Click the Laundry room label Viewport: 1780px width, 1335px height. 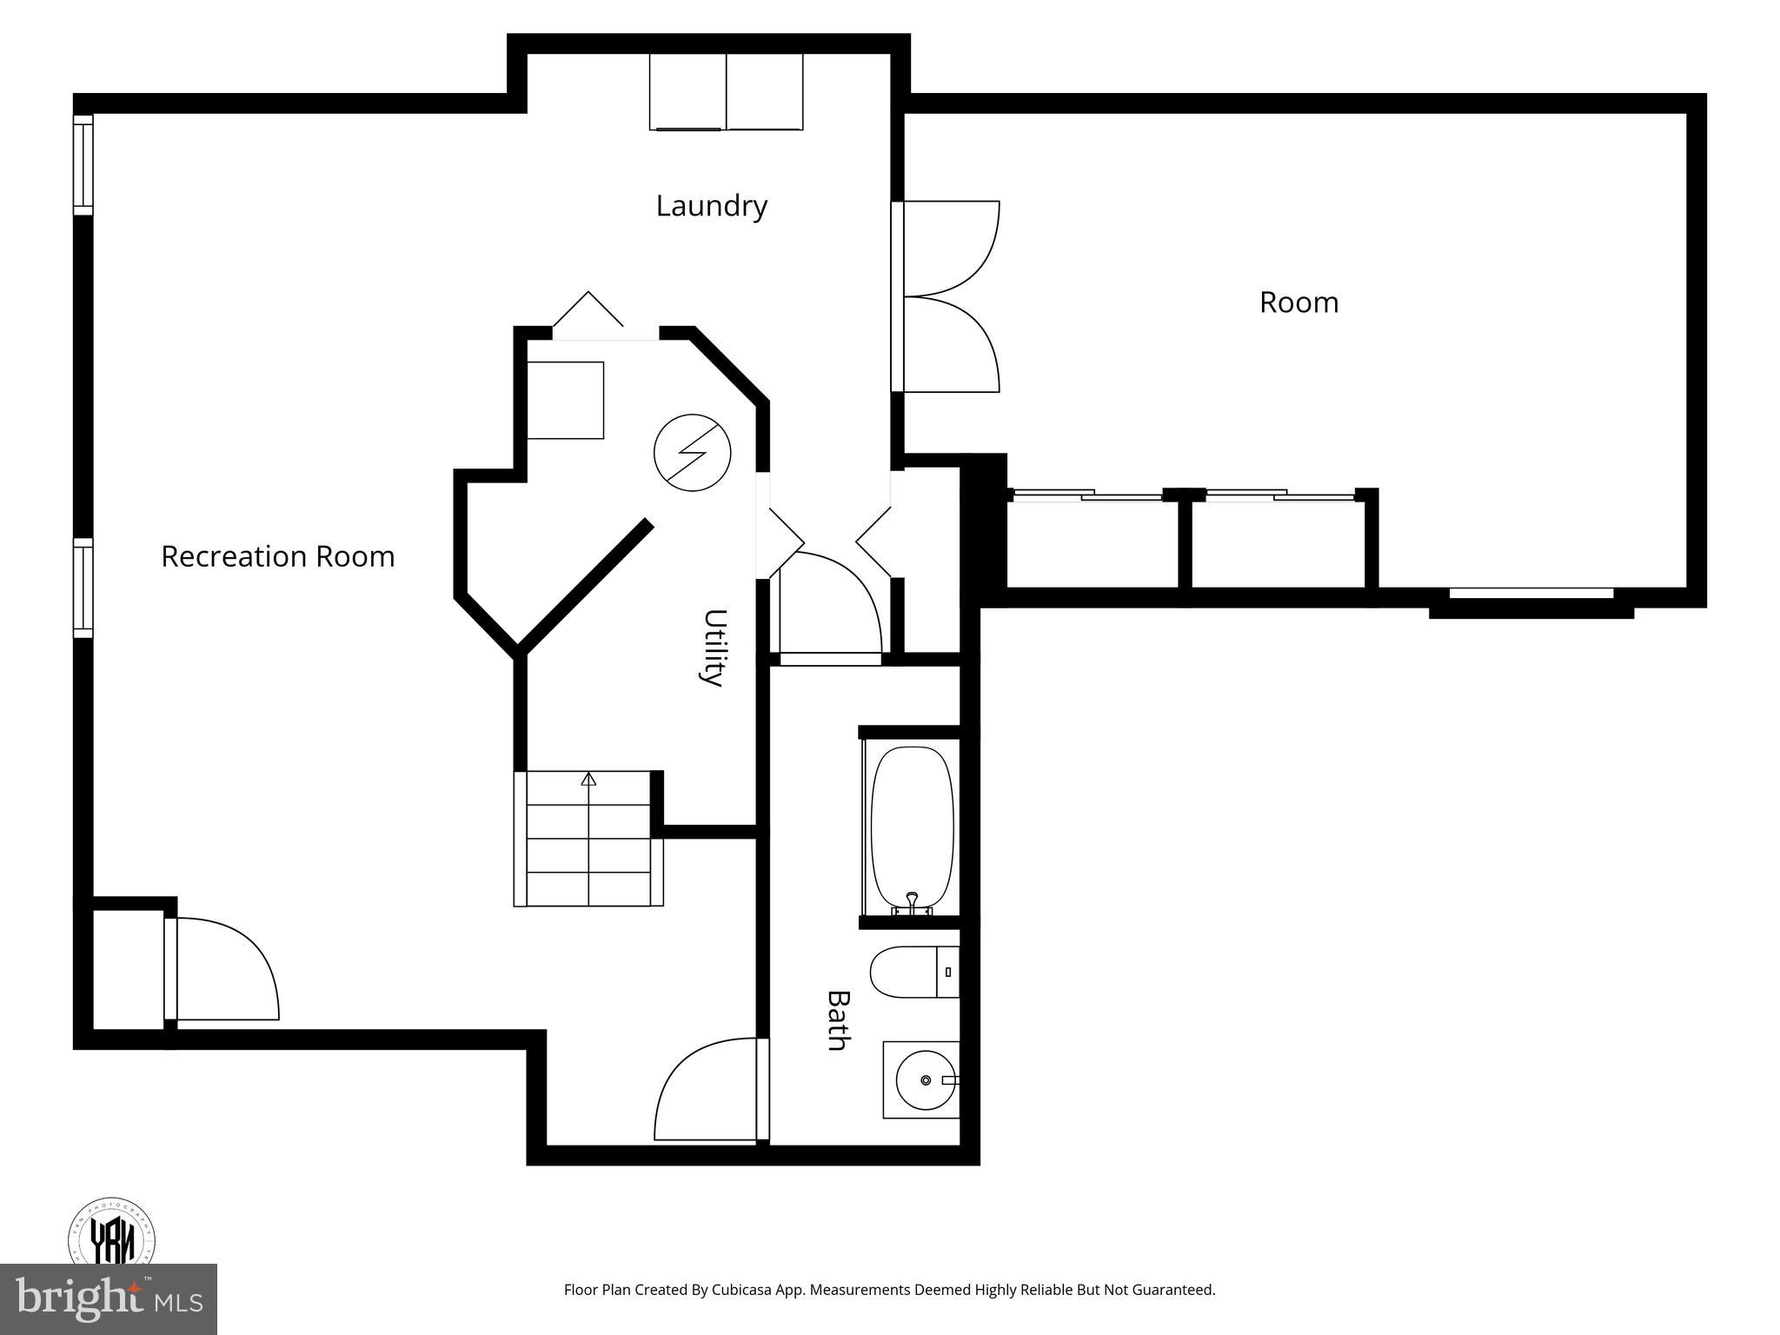point(711,206)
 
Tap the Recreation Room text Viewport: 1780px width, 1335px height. point(277,556)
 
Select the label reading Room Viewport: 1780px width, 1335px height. point(1298,302)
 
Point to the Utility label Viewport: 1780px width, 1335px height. point(714,648)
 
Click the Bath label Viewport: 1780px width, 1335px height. point(837,1020)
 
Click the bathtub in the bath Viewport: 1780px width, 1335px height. point(912,826)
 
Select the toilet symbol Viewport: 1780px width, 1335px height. point(913,972)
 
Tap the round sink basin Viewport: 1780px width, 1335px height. point(925,1079)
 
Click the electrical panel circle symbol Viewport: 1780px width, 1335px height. point(692,452)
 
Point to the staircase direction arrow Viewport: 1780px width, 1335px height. point(588,780)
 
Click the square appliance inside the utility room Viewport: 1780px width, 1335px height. point(565,400)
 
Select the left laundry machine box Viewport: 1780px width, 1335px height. point(687,91)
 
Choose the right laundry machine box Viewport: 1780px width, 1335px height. point(764,91)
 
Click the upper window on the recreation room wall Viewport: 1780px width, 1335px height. point(83,164)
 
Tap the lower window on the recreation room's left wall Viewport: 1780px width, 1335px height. point(83,587)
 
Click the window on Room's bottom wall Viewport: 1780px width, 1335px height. point(1531,594)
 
